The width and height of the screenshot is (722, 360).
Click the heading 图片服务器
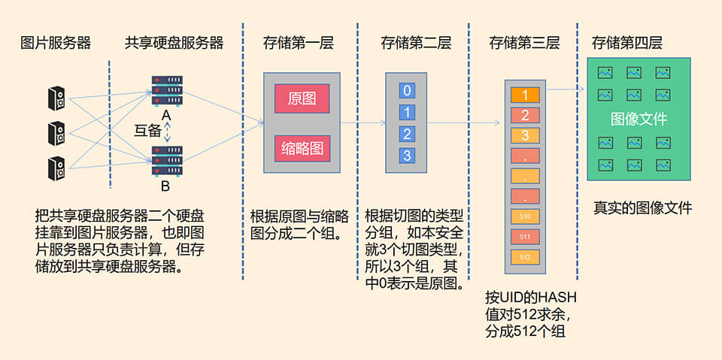click(56, 43)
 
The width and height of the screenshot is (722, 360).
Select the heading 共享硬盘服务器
click(174, 43)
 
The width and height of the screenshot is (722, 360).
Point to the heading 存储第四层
click(626, 43)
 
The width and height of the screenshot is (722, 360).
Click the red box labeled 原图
click(302, 98)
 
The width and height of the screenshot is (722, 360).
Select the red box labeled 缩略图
click(302, 148)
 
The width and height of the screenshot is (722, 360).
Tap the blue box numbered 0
click(407, 91)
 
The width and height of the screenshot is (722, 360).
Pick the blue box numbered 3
click(407, 156)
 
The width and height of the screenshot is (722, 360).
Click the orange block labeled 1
click(525, 95)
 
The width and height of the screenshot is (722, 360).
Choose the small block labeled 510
click(525, 217)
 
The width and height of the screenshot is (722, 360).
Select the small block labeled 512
click(525, 256)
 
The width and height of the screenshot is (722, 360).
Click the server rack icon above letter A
click(167, 90)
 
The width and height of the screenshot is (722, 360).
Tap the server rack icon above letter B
click(167, 160)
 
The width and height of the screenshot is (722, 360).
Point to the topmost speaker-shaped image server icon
click(56, 98)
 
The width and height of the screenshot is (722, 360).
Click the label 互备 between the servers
click(147, 129)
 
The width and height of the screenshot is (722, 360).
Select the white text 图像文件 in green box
click(639, 119)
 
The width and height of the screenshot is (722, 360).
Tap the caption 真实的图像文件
click(642, 208)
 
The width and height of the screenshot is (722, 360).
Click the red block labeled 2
click(525, 115)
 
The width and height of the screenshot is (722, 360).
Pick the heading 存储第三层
click(524, 43)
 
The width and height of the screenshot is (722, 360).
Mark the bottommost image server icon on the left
click(56, 167)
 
